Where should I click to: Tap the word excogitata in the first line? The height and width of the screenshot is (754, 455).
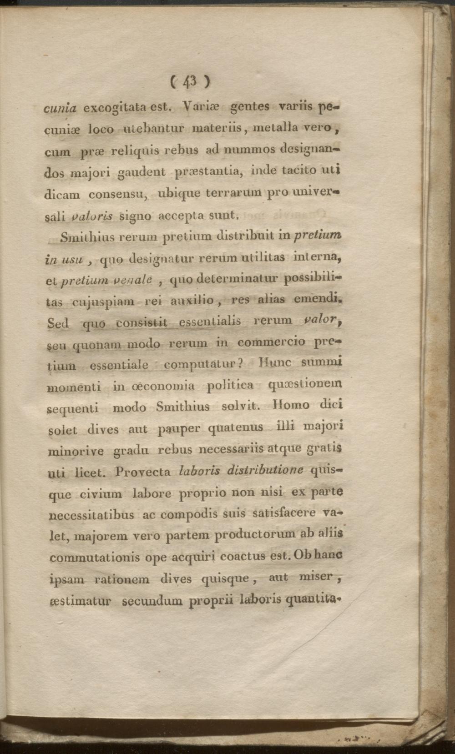(x=114, y=108)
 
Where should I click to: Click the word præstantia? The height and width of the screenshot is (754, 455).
(x=209, y=171)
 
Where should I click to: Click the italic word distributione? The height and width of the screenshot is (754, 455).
(x=253, y=470)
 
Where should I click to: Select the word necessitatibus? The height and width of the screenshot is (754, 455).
(x=91, y=515)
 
